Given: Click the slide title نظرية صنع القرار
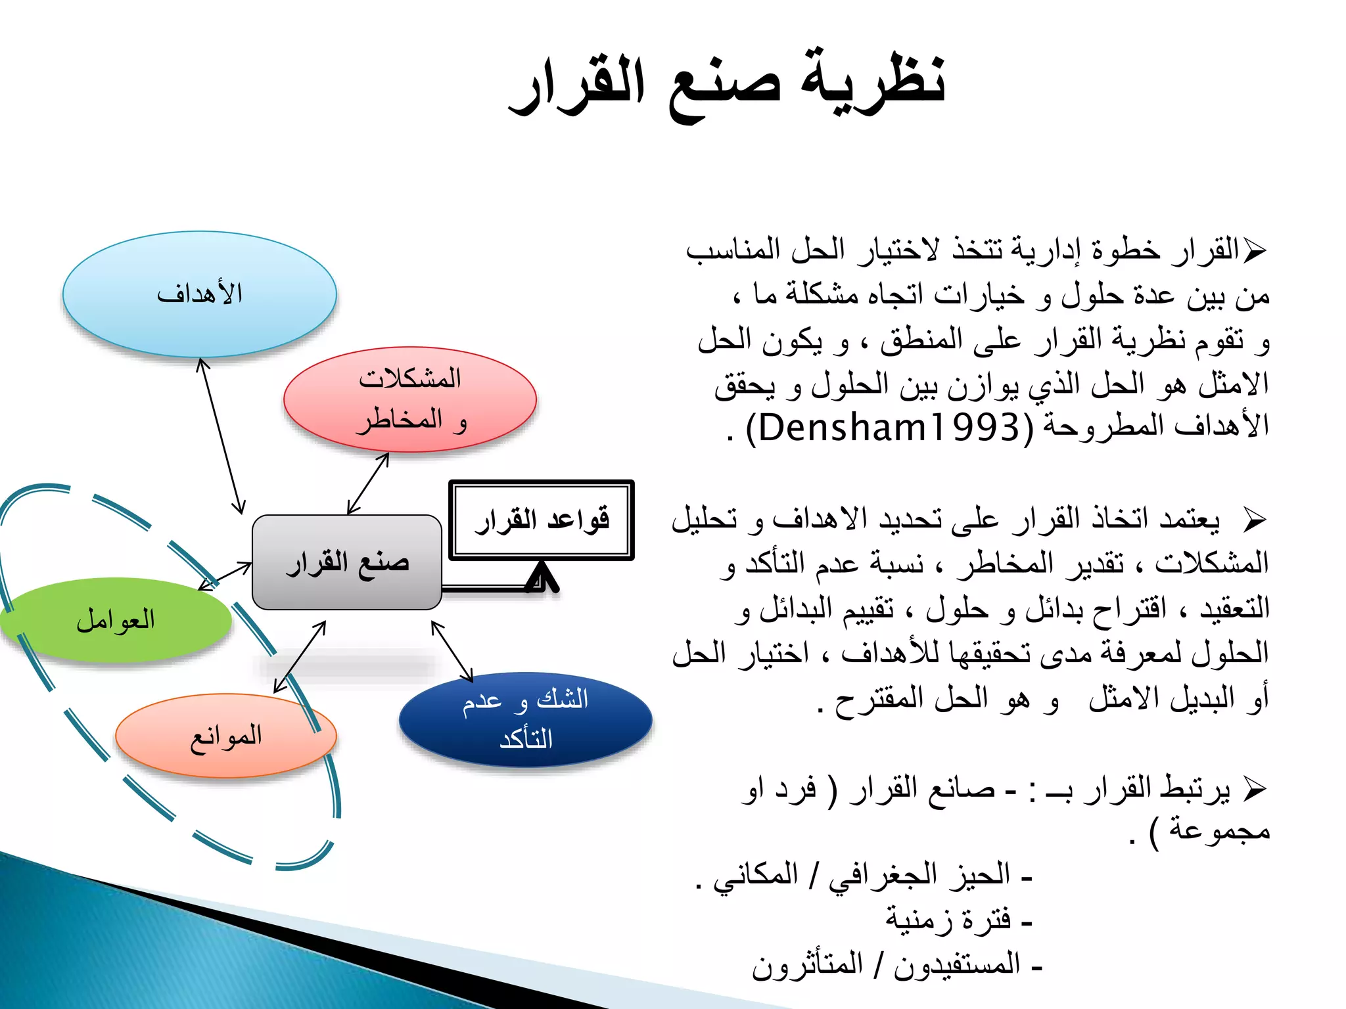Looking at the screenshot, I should pyautogui.click(x=726, y=85).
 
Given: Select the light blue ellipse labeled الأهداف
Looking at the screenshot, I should pyautogui.click(x=199, y=294).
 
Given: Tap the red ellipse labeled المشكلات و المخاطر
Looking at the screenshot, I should pyautogui.click(x=409, y=399).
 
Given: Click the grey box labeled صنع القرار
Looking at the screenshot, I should pyautogui.click(x=346, y=562).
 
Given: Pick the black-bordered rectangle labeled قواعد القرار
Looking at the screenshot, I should pyautogui.click(x=541, y=520).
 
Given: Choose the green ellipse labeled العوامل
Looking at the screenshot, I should pyautogui.click(x=116, y=619).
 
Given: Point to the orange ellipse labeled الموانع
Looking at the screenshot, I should pyautogui.click(x=225, y=736).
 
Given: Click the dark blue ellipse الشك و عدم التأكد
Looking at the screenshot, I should pyautogui.click(x=525, y=719).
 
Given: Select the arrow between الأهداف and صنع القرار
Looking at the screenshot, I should pyautogui.click(x=221, y=436).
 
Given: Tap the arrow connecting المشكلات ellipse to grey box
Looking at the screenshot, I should pyautogui.click(x=368, y=483).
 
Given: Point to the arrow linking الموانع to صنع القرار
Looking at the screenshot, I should pyautogui.click(x=300, y=657).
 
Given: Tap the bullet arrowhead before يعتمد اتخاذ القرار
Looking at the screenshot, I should pyautogui.click(x=1255, y=520).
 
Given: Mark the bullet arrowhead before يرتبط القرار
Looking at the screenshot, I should pyautogui.click(x=1255, y=788).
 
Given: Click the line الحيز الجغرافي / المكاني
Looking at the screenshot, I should pyautogui.click(x=864, y=876).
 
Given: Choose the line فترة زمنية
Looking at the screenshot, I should pyautogui.click(x=958, y=920).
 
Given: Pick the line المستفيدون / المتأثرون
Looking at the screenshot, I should pyautogui.click(x=897, y=965).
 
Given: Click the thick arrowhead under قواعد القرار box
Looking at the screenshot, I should pyautogui.click(x=542, y=577).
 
